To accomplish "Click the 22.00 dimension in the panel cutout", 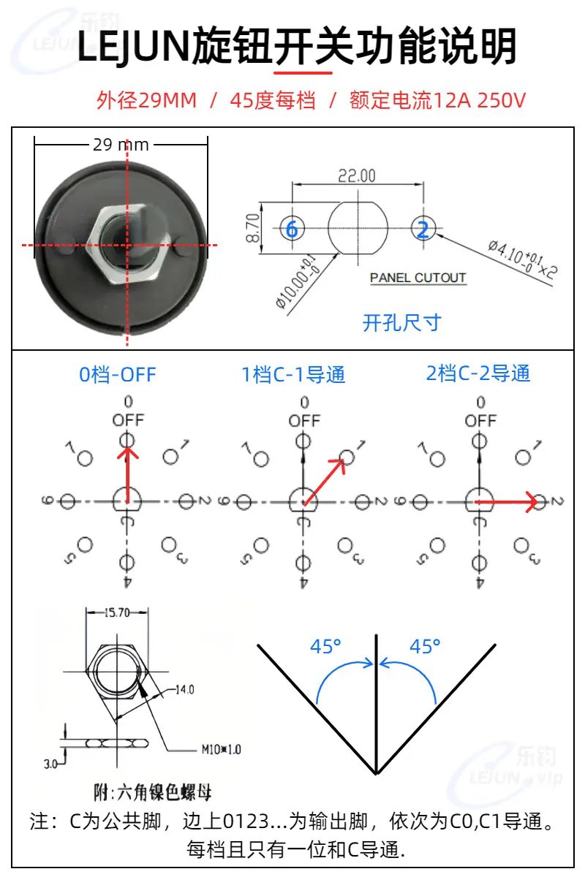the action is [x=357, y=176].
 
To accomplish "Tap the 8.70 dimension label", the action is [x=253, y=228].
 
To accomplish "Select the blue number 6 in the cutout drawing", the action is [x=292, y=229].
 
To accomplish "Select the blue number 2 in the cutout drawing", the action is [x=423, y=229].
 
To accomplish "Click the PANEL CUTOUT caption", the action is [x=418, y=278].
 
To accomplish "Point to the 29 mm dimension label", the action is [x=121, y=145].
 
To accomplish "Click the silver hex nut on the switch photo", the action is [x=128, y=244].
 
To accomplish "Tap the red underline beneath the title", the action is [x=303, y=73].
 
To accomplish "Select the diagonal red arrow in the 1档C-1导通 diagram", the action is [x=325, y=482].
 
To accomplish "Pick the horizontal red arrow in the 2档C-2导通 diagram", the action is [x=506, y=502].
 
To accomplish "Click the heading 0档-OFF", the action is [x=118, y=375].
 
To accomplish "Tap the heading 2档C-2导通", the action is [x=478, y=373].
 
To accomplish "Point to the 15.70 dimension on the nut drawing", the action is [x=117, y=612].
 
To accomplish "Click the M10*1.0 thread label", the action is [x=221, y=750].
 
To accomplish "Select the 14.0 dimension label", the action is [x=184, y=689].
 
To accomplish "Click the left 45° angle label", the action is [x=325, y=646].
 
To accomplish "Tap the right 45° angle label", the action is [x=425, y=646].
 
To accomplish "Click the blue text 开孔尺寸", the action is [x=402, y=323].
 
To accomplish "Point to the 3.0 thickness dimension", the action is [x=50, y=764].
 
